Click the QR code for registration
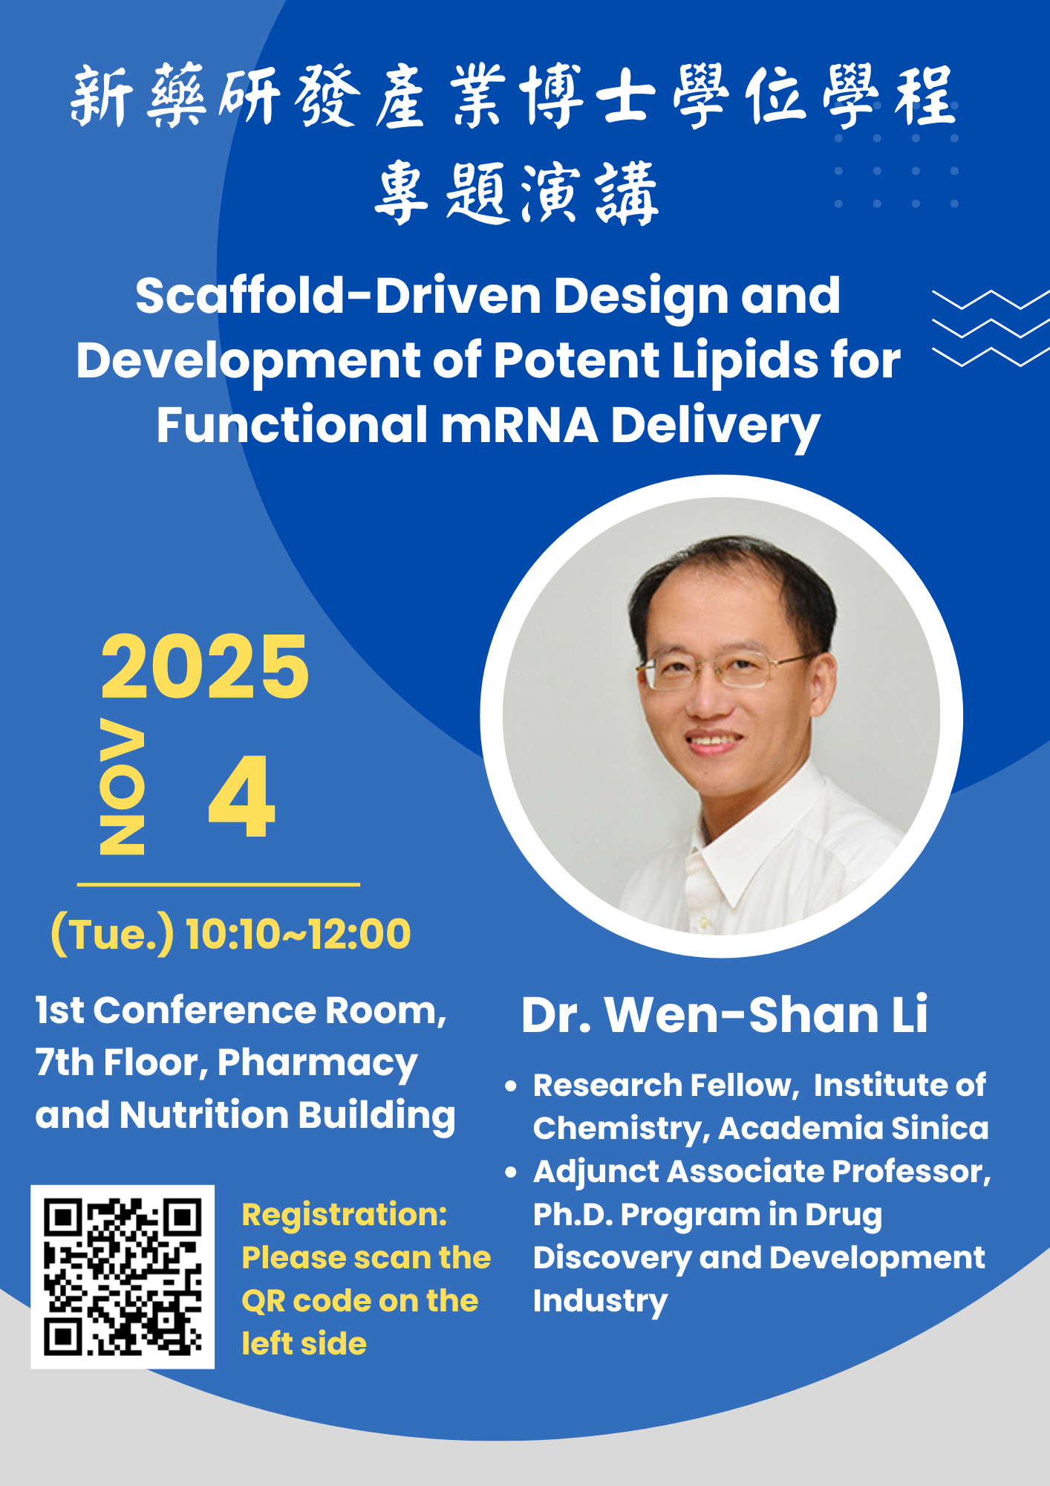tap(123, 1276)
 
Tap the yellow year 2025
tap(205, 667)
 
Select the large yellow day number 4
tap(242, 796)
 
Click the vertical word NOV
tap(122, 786)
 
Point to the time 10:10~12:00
tap(298, 934)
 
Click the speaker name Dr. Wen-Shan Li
tap(724, 1014)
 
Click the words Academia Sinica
tap(853, 1128)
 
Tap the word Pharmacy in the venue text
tap(317, 1064)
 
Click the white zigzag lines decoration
tap(991, 328)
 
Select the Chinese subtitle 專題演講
tap(517, 193)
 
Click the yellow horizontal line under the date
tap(218, 884)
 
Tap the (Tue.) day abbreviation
tap(112, 934)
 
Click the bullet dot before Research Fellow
tap(510, 1086)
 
